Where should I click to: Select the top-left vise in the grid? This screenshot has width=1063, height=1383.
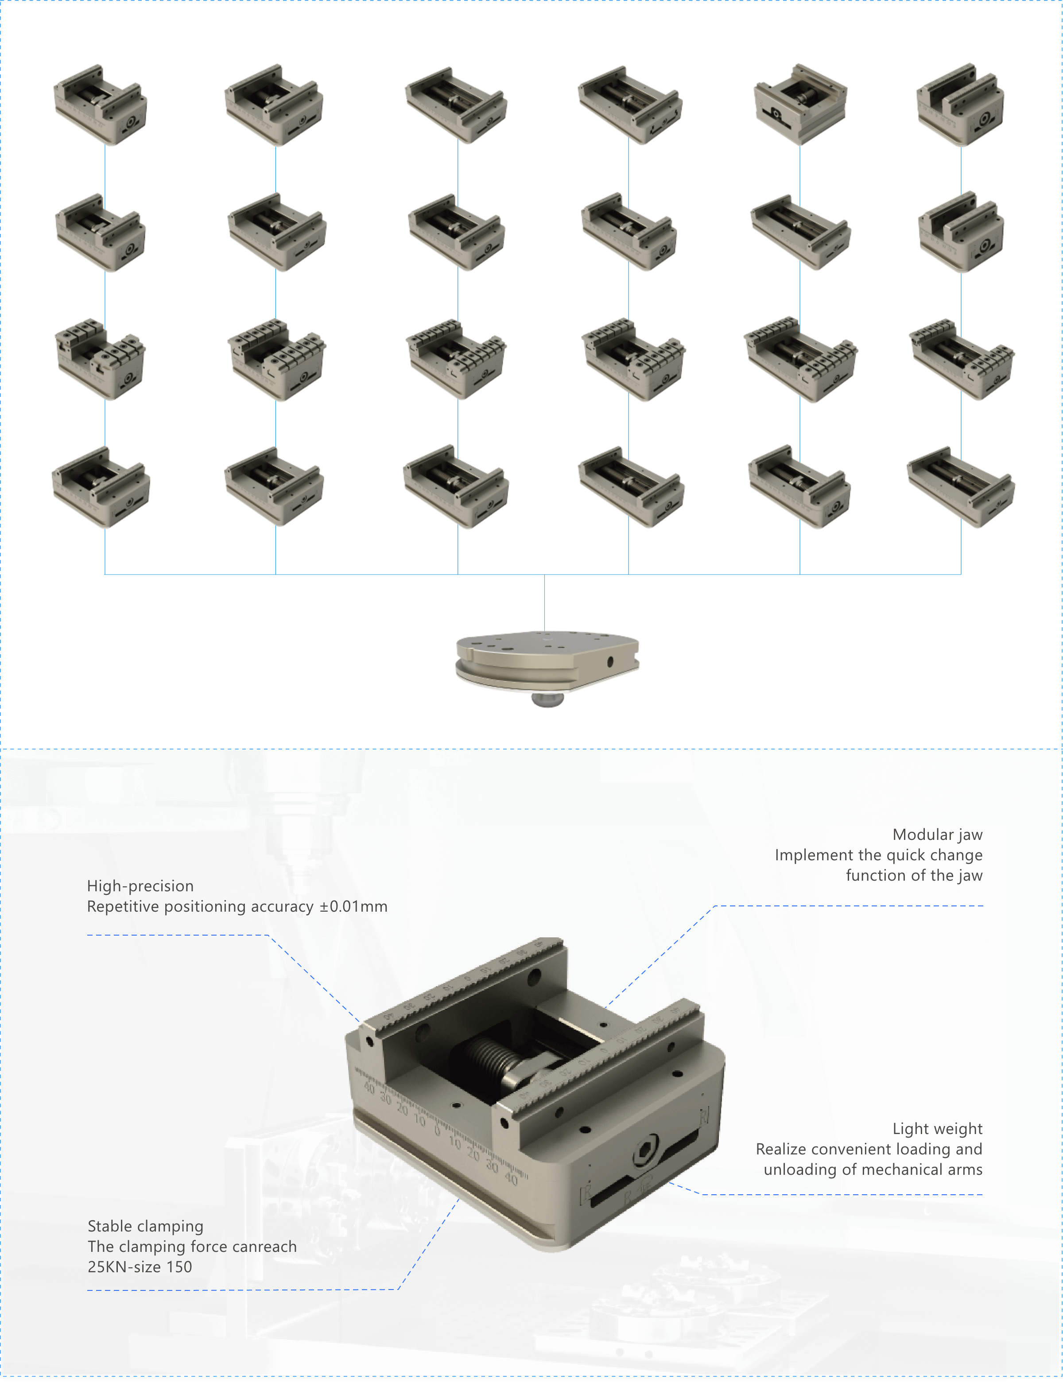coord(100,105)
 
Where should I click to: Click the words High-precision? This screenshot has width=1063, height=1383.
coord(140,886)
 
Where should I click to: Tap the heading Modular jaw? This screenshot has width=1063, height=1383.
coord(937,835)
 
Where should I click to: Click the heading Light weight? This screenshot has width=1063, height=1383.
coord(937,1129)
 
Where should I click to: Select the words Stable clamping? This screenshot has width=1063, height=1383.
coord(145,1226)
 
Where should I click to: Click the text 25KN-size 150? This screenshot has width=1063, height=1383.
coord(140,1266)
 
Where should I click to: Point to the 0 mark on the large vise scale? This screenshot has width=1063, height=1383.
coord(437,1130)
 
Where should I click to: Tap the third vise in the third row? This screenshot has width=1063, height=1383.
coord(456,359)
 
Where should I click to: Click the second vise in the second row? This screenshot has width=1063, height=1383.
coord(276,232)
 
